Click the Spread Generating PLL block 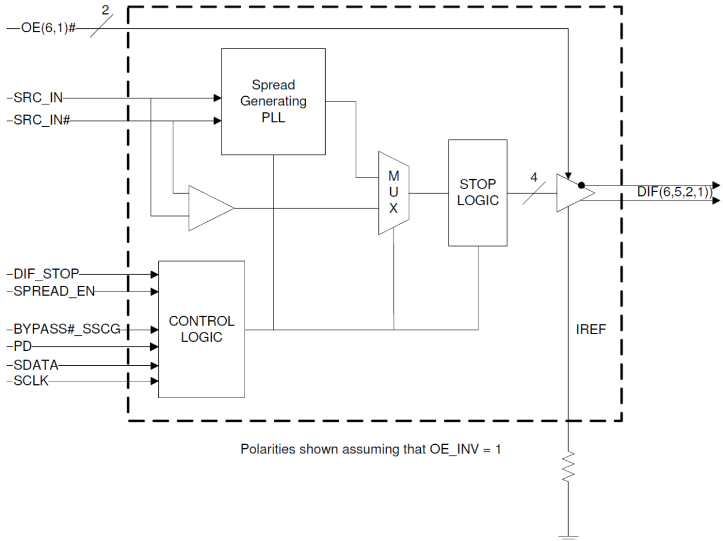click(x=273, y=101)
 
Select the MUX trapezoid click(x=393, y=193)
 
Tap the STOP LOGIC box click(x=478, y=192)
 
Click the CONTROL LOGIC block click(x=201, y=329)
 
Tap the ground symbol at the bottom click(x=569, y=536)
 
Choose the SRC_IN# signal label click(x=41, y=121)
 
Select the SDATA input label click(x=36, y=365)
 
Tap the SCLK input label click(x=32, y=381)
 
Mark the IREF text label click(x=592, y=331)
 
